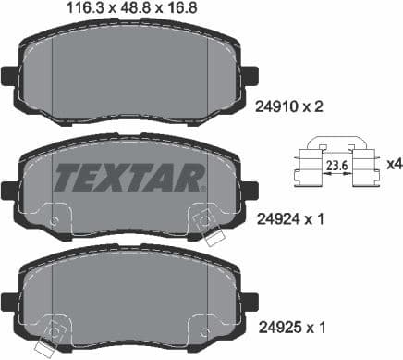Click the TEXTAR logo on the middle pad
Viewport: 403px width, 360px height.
128,176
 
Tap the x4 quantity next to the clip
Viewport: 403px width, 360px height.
392,165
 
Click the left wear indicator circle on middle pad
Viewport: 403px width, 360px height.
55,221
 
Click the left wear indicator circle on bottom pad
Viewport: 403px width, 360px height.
55,331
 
